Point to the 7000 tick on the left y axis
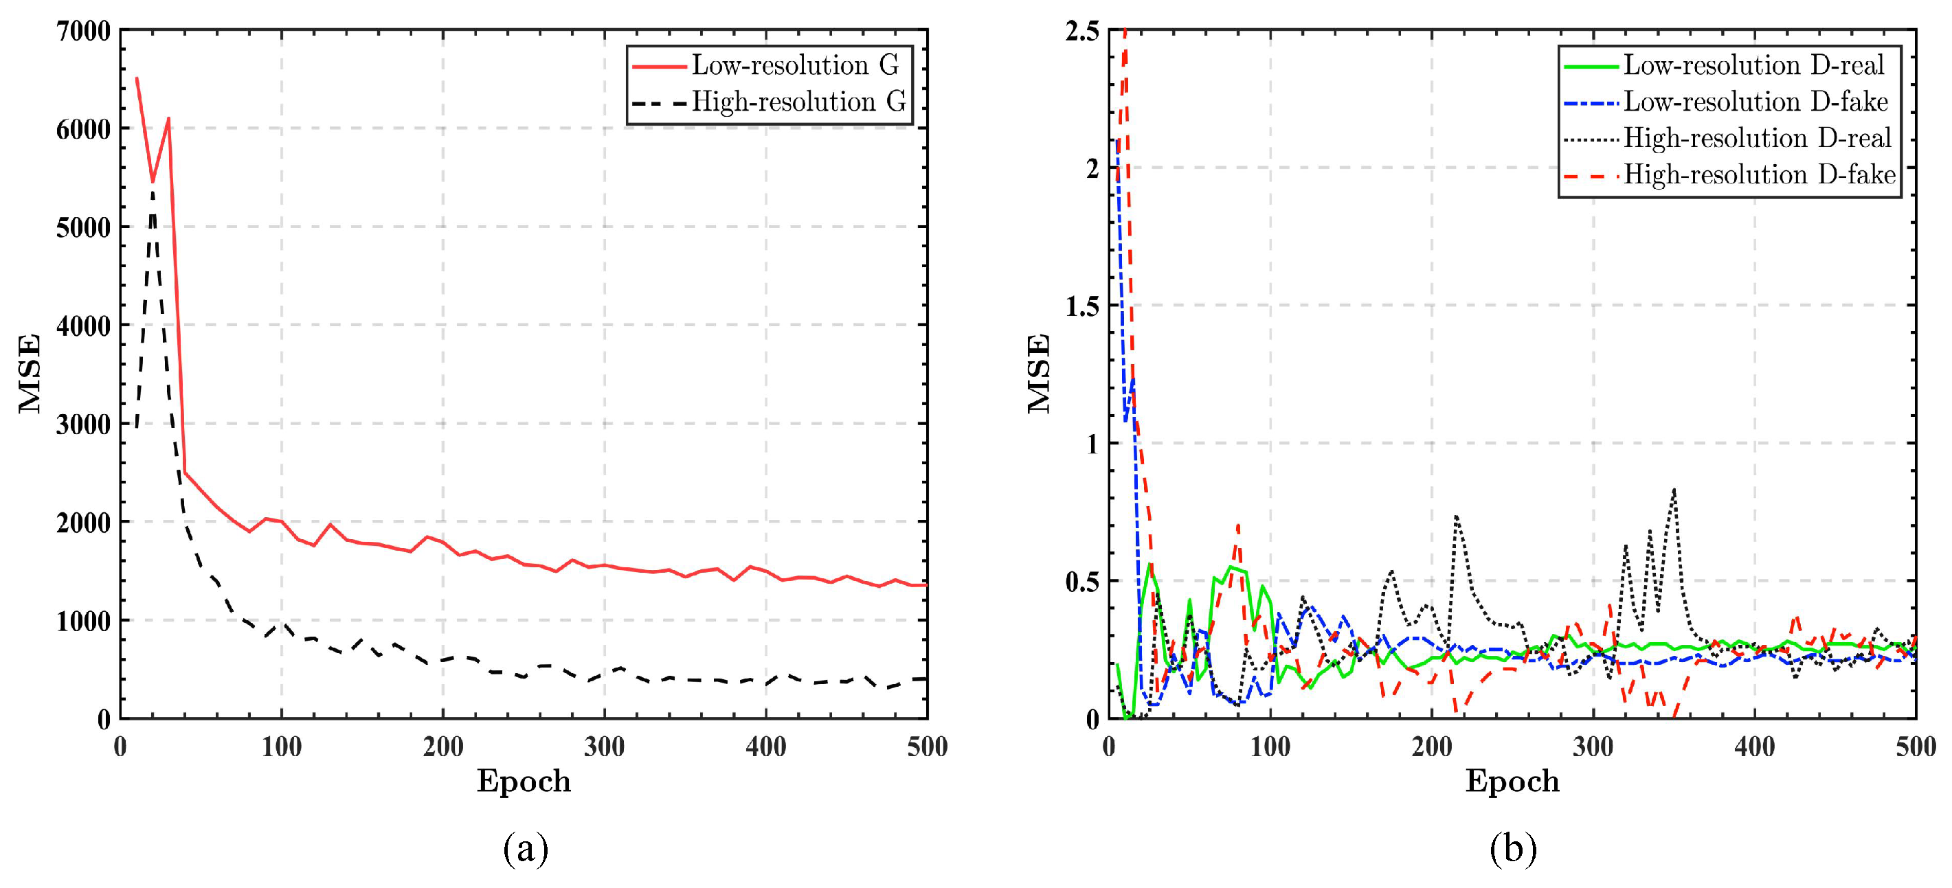(x=83, y=31)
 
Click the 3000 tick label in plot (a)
(x=83, y=424)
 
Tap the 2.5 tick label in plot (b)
(x=1081, y=31)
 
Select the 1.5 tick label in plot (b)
(x=1081, y=306)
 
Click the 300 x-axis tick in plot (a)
(x=604, y=747)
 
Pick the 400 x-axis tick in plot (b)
(x=1754, y=747)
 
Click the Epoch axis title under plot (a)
(x=524, y=780)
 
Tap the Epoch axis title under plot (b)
(x=1512, y=780)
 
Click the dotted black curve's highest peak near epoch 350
(x=1673, y=490)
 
